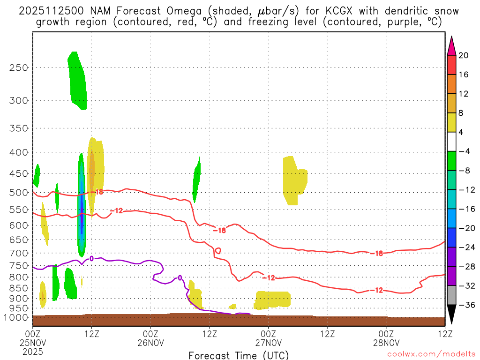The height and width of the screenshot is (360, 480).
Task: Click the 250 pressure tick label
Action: click(x=19, y=67)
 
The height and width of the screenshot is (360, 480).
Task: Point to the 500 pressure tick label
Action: click(x=19, y=192)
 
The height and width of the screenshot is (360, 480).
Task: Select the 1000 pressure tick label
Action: click(x=17, y=317)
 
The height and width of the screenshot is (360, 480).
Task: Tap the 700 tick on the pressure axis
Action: click(x=19, y=253)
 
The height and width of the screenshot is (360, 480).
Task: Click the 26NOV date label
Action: click(x=151, y=342)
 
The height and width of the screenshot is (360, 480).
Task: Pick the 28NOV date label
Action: click(x=386, y=342)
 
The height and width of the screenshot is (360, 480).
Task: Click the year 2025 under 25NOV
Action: click(x=32, y=351)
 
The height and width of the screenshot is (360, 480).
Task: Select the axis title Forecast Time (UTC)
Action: click(x=239, y=355)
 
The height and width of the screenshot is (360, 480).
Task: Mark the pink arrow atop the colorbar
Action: click(x=451, y=45)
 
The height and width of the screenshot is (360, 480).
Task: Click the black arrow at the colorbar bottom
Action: click(x=451, y=314)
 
